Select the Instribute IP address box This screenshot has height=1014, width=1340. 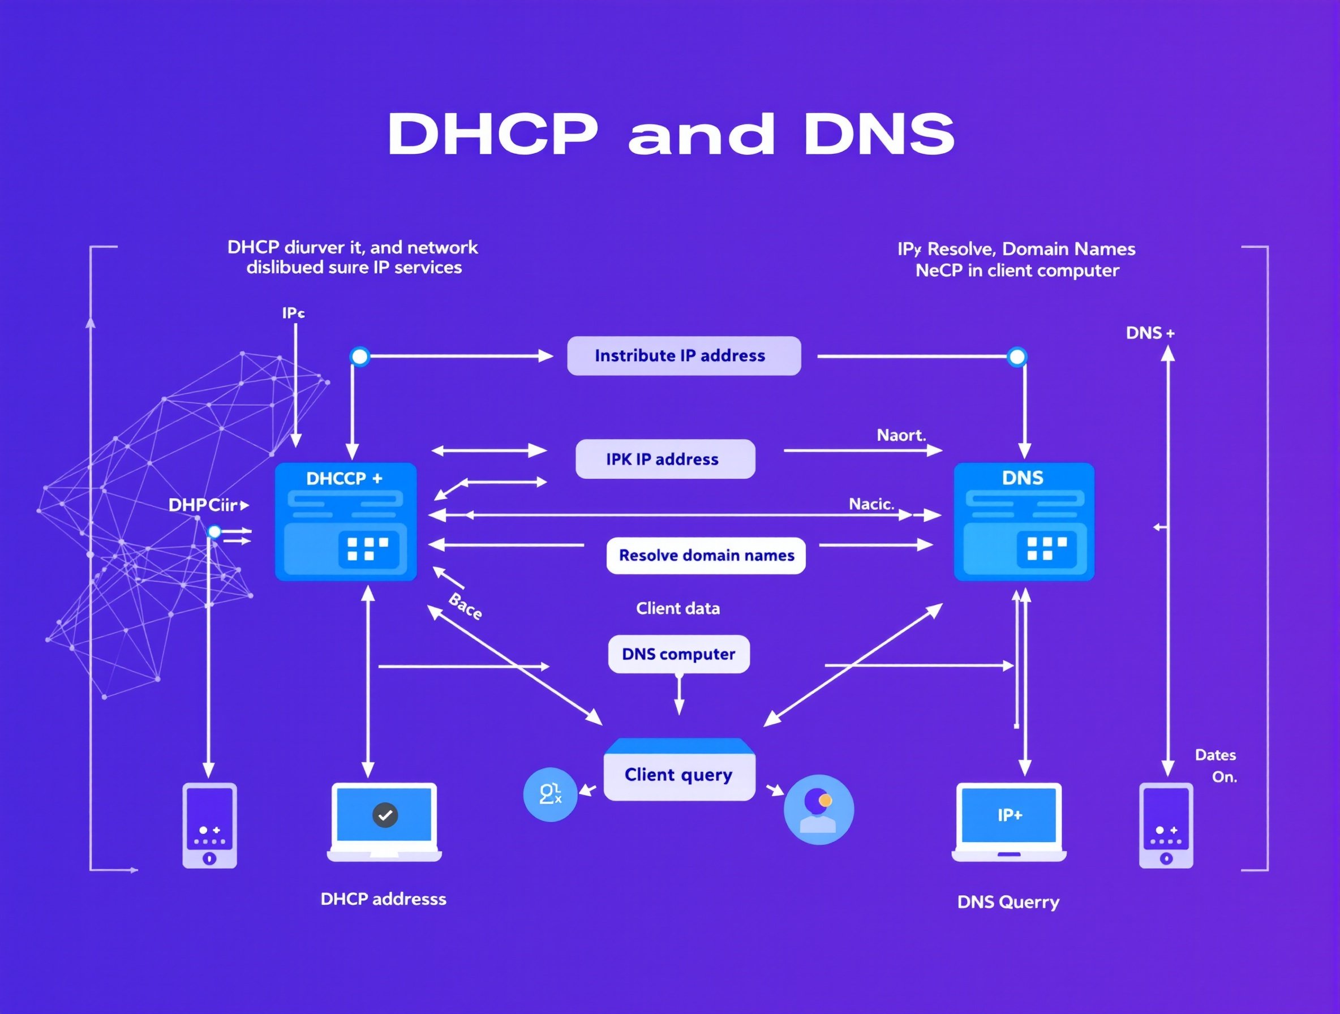684,355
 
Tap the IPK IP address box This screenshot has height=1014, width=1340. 664,459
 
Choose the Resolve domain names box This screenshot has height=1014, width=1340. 706,556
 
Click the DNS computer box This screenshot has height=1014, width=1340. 678,654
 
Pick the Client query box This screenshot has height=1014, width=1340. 679,774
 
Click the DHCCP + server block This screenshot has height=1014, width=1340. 346,522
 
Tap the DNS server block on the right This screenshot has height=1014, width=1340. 1024,522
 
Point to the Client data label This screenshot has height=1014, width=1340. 678,608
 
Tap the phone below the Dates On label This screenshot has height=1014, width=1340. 1166,825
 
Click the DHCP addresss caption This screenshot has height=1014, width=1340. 384,899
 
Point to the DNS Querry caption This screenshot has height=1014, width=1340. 1008,902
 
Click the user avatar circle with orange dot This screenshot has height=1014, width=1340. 818,810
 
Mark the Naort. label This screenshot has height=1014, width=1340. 901,435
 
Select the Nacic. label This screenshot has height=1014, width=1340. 871,504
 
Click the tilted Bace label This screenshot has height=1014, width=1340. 465,607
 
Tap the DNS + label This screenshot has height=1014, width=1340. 1150,333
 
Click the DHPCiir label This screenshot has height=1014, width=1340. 204,505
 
